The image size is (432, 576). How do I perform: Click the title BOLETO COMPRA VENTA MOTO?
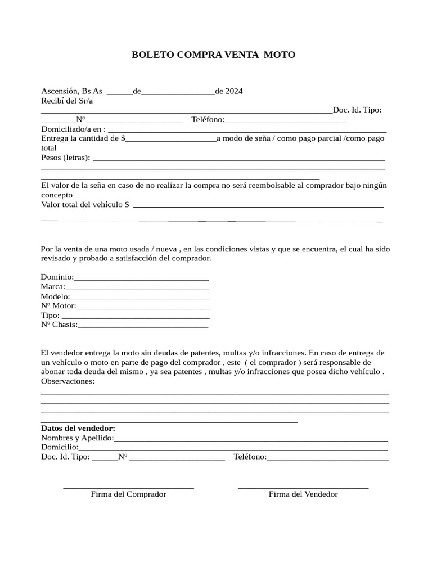tap(213, 55)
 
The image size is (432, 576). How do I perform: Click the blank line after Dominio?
tap(141, 278)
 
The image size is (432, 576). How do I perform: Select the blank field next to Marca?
tap(137, 287)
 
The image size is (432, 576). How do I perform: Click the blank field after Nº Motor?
tap(143, 307)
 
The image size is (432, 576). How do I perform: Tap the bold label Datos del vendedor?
tap(78, 428)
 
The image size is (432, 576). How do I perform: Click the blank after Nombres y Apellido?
tap(251, 439)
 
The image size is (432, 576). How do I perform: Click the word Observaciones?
tap(68, 381)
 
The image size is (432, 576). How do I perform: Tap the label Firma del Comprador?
tap(128, 494)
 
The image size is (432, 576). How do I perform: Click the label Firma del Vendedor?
tap(303, 494)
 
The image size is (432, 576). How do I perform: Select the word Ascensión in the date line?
tap(60, 91)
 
